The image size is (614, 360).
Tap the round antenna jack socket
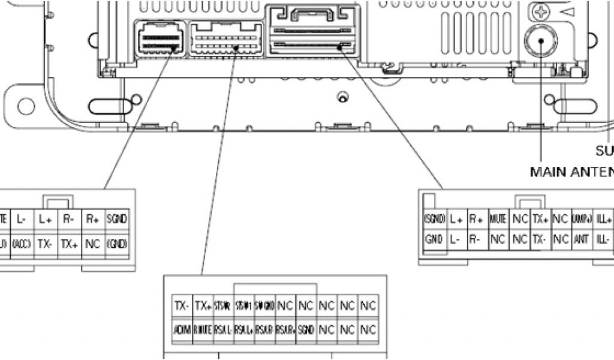click(541, 41)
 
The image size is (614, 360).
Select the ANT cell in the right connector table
click(581, 239)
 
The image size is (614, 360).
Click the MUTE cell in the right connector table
click(498, 220)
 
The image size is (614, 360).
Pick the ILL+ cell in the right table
click(603, 220)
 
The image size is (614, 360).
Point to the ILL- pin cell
click(603, 239)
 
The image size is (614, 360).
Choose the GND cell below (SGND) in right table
click(434, 239)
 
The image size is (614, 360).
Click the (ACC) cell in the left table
click(22, 244)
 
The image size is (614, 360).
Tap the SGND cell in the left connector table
click(116, 220)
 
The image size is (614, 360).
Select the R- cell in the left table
click(69, 220)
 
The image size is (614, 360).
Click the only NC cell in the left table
click(92, 244)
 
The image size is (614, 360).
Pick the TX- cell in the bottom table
click(182, 306)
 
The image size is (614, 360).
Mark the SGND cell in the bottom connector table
click(306, 329)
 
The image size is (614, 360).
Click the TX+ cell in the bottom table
click(203, 306)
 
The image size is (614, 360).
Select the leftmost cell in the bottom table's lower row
click(182, 329)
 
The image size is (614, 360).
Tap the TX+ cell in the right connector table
click(540, 220)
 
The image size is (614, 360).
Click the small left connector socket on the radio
click(159, 39)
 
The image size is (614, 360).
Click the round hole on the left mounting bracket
click(26, 107)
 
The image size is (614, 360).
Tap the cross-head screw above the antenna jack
click(542, 11)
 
